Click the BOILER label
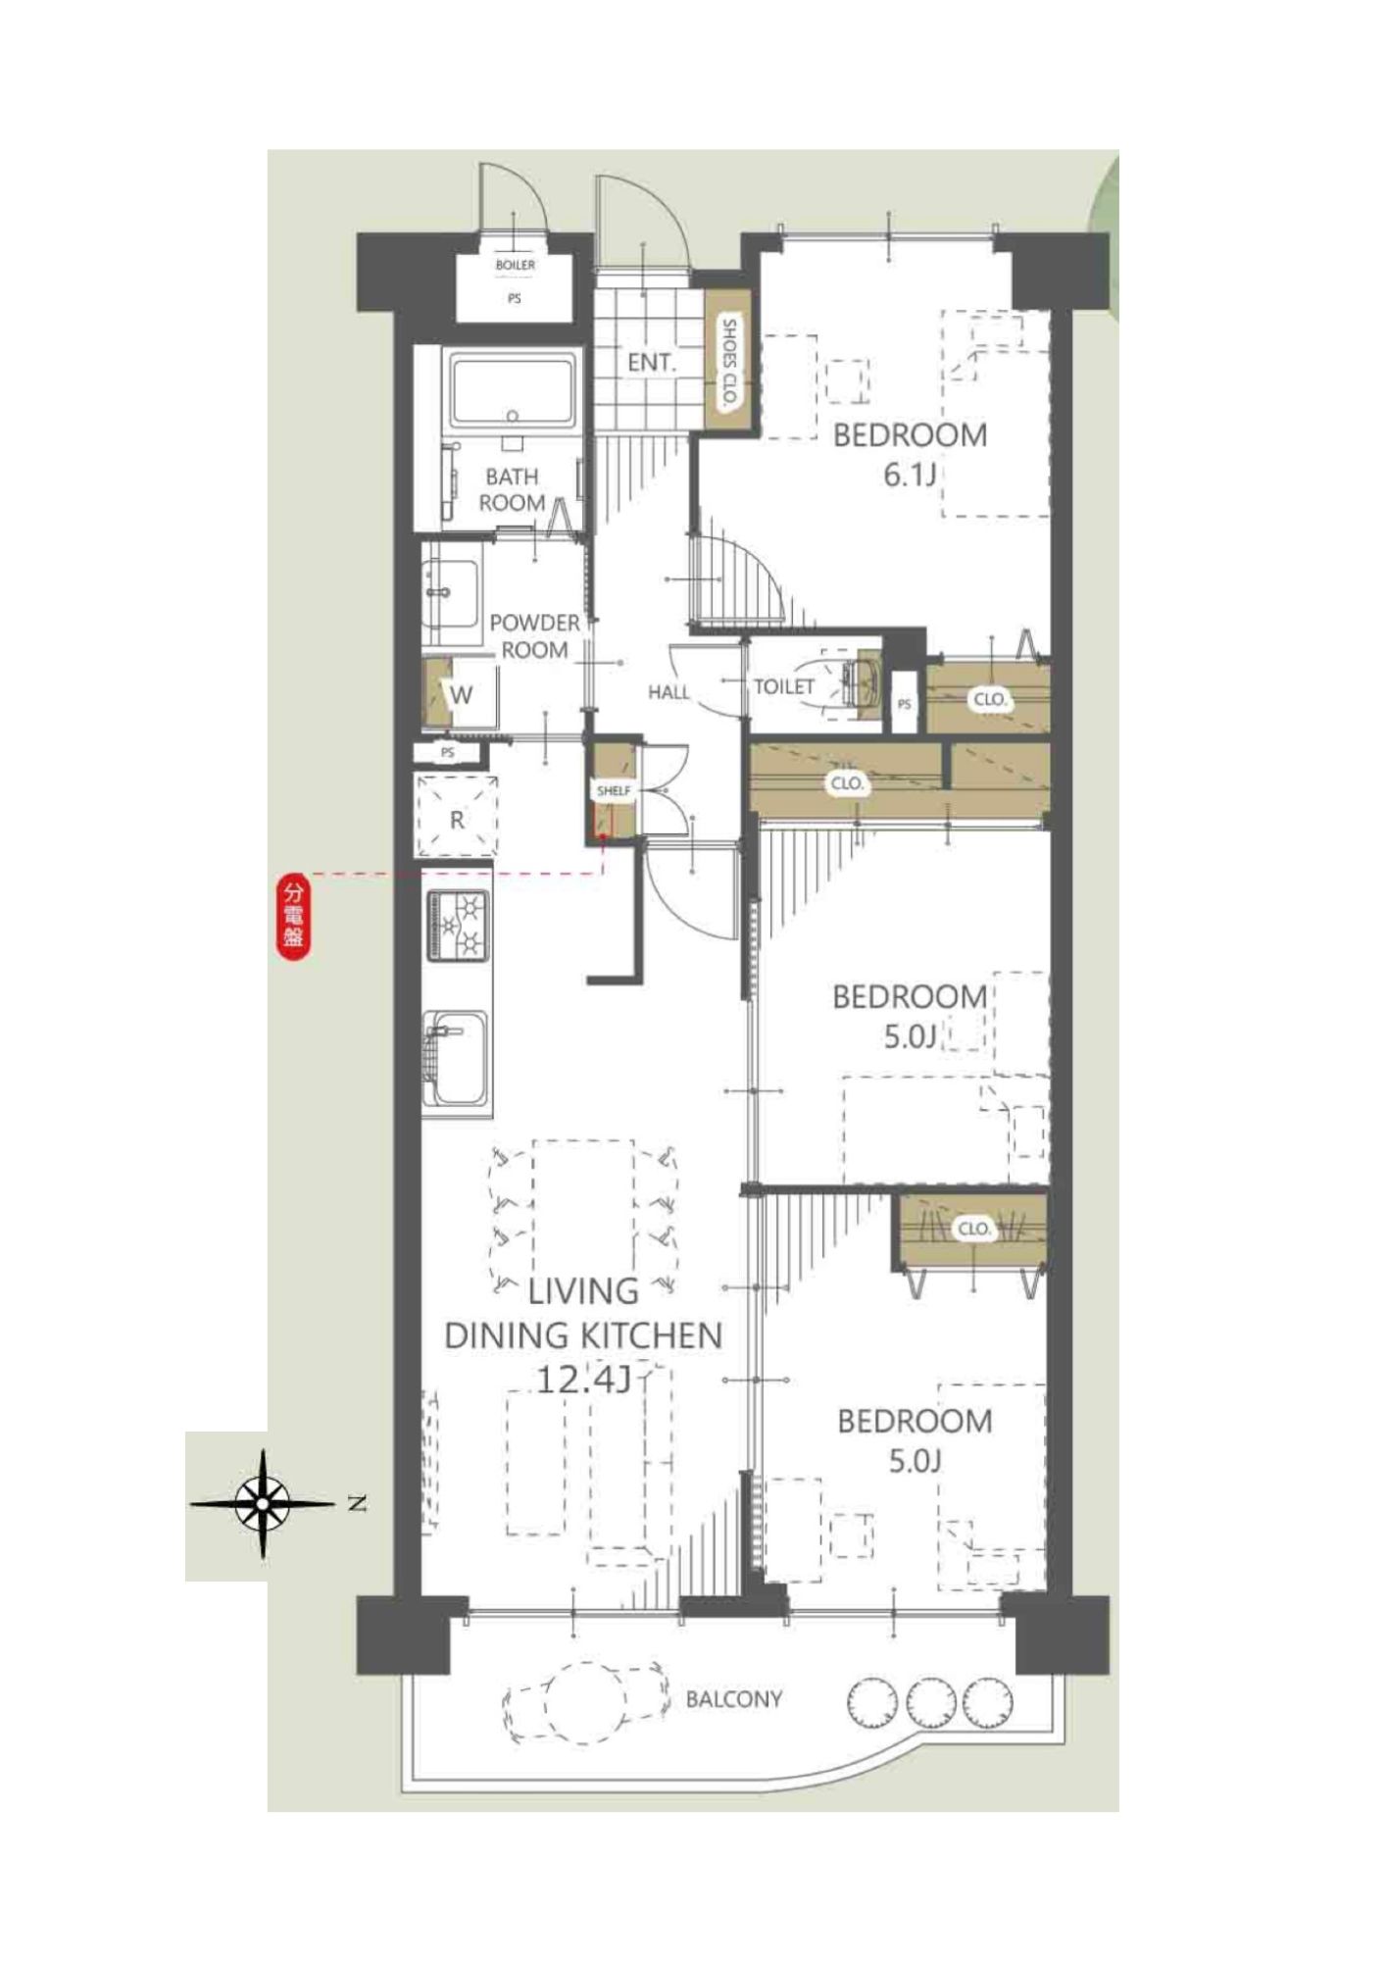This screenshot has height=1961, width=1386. tap(515, 265)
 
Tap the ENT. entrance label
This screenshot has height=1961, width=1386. tap(652, 363)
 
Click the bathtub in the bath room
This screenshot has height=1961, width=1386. tap(513, 390)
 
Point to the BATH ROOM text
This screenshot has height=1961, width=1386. tap(513, 489)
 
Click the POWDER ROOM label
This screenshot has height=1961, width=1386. tap(534, 636)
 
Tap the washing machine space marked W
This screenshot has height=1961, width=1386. tap(461, 694)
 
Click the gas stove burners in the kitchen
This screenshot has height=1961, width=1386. tap(457, 926)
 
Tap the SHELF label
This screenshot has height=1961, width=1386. tap(614, 790)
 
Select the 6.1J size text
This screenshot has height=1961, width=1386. tap(911, 476)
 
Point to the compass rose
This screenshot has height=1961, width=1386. tap(263, 1503)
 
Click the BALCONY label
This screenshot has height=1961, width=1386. tap(734, 1698)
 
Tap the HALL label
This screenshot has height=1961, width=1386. tap(668, 692)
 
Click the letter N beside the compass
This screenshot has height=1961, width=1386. tap(358, 1503)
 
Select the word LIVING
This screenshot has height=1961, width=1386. tap(583, 1290)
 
